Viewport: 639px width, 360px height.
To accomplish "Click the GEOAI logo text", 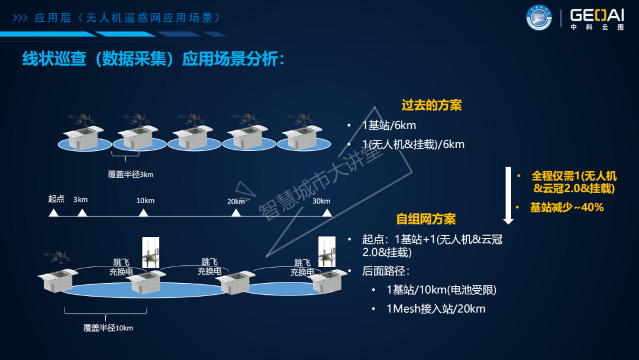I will tap(596, 16).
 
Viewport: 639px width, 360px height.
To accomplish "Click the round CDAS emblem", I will tap(538, 18).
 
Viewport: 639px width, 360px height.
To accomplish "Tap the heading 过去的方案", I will tap(431, 105).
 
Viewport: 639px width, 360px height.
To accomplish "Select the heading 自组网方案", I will tap(426, 219).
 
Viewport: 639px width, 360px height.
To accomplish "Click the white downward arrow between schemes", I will tap(508, 196).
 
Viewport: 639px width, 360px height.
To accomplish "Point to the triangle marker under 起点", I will tap(54, 213).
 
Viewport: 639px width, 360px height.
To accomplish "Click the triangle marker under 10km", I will tap(143, 213).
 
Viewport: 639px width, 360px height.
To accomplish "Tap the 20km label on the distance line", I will tap(235, 201).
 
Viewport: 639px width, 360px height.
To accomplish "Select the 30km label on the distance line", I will tap(321, 201).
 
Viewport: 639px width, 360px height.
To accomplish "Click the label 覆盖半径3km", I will tap(131, 174).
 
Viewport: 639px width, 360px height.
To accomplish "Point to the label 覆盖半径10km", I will tap(108, 327).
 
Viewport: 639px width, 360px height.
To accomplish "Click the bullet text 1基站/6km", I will tap(389, 126).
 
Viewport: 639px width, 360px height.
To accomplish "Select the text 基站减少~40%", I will tap(566, 207).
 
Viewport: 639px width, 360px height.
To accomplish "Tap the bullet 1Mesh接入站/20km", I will tap(435, 309).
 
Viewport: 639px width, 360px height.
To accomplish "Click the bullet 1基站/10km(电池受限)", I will tap(441, 290).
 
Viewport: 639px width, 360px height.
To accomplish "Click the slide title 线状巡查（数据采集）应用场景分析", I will tap(153, 60).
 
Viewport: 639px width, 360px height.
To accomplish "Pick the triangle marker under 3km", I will tap(82, 213).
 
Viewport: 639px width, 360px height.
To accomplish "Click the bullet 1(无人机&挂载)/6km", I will tap(413, 144).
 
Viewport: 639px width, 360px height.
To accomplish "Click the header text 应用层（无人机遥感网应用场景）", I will tap(127, 18).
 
